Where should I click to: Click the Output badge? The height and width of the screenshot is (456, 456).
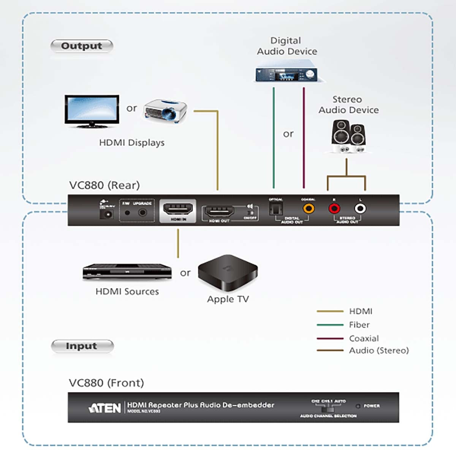tap(82, 46)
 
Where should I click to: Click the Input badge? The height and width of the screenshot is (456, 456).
tap(82, 346)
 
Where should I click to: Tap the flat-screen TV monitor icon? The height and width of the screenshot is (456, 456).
tap(92, 111)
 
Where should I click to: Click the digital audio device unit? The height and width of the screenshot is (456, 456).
tap(290, 74)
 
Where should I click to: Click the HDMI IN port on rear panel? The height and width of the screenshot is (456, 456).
tap(178, 209)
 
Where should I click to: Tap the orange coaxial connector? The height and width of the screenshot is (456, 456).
tap(309, 209)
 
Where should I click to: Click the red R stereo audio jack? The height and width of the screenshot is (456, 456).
tap(334, 209)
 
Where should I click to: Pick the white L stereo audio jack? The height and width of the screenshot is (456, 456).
tap(360, 209)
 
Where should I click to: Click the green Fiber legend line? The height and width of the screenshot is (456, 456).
tap(330, 325)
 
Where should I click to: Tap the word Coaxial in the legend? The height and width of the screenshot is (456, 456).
tap(364, 338)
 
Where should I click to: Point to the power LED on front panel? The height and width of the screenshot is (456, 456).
tap(358, 406)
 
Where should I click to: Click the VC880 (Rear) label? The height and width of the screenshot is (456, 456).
tap(104, 185)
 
